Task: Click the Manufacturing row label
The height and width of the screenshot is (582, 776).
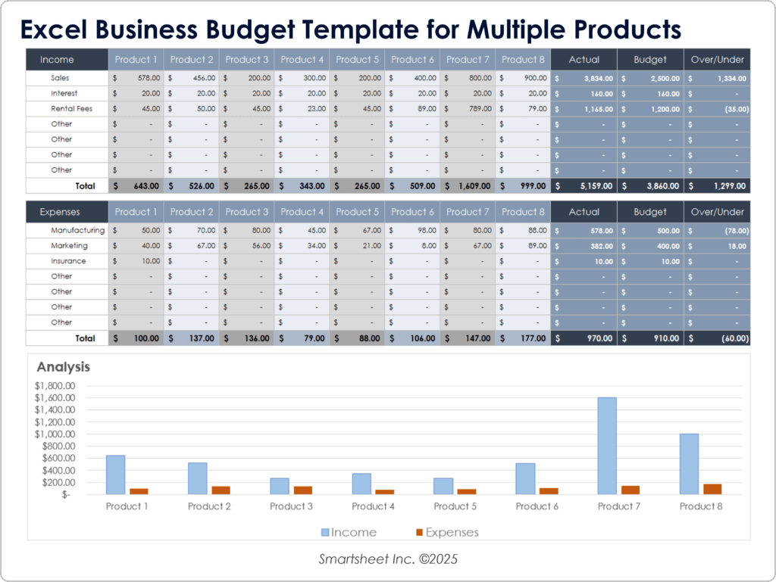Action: click(x=78, y=230)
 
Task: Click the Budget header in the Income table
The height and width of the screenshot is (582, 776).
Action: click(x=651, y=60)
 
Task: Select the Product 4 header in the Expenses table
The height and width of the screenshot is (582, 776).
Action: click(x=301, y=212)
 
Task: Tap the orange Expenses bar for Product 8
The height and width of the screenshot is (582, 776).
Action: click(x=712, y=489)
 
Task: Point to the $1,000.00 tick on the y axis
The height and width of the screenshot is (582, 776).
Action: click(x=55, y=434)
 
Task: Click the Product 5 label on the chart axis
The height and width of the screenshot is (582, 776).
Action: click(x=455, y=506)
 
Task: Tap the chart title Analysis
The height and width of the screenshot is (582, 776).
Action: click(x=64, y=367)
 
